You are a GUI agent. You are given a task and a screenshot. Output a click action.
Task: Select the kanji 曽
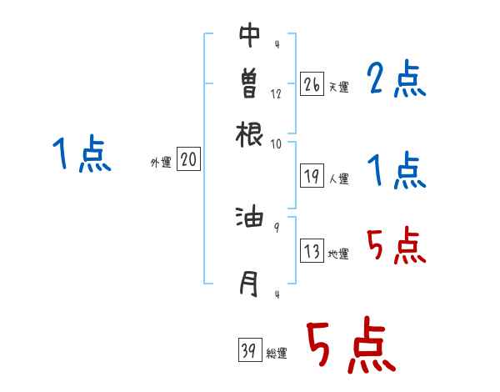point(249,83)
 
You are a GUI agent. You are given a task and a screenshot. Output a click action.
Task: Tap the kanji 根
point(249,133)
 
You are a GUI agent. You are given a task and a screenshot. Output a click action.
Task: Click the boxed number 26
point(312,84)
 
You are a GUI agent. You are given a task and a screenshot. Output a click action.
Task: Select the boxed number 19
point(312,176)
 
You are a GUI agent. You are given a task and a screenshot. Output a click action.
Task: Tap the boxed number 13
point(312,252)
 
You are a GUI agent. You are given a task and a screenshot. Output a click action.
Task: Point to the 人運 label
point(338,178)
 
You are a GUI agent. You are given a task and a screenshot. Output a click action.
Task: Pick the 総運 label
point(277,354)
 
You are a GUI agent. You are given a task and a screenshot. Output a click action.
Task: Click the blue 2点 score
point(396,81)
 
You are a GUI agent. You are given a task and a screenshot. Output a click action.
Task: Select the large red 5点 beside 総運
point(350,346)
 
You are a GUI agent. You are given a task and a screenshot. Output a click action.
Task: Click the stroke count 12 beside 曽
point(276,93)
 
